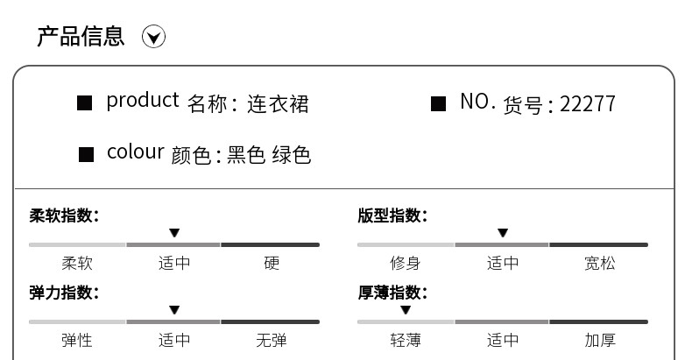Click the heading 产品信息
[81, 36]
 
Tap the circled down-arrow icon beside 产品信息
[154, 37]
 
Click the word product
[142, 101]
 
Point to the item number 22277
[587, 104]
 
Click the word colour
[135, 152]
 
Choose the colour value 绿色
[292, 155]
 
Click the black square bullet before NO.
[439, 104]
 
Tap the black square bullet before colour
[86, 155]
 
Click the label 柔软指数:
[64, 215]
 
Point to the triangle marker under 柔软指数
[174, 233]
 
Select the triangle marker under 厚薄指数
[406, 310]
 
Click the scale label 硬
[272, 263]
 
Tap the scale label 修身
[405, 263]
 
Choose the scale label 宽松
[600, 263]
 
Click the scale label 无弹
[272, 340]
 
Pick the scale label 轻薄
[405, 340]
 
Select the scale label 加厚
[600, 340]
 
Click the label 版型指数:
[392, 215]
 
